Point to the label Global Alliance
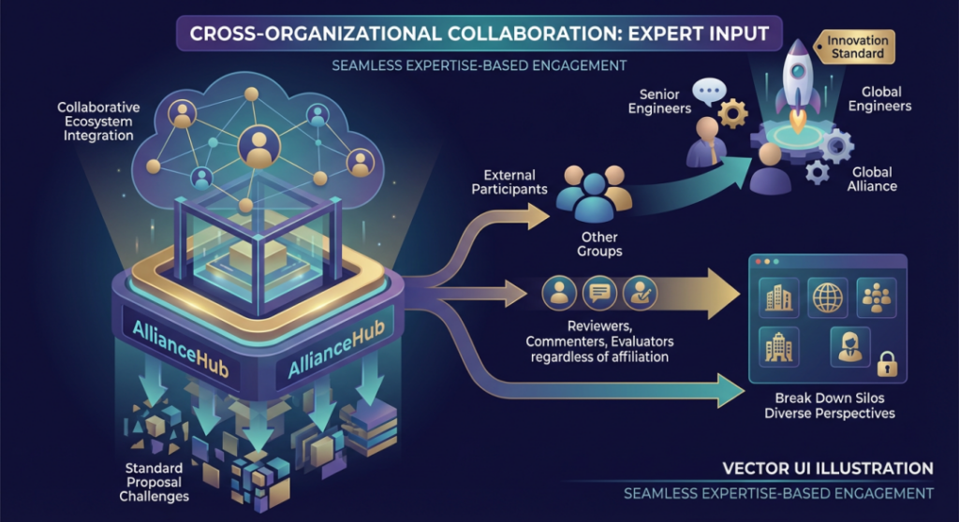pos(872,179)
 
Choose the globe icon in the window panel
pos(827,297)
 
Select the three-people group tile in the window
pos(878,297)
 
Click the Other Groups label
pos(600,244)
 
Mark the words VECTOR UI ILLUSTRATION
pos(827,468)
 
